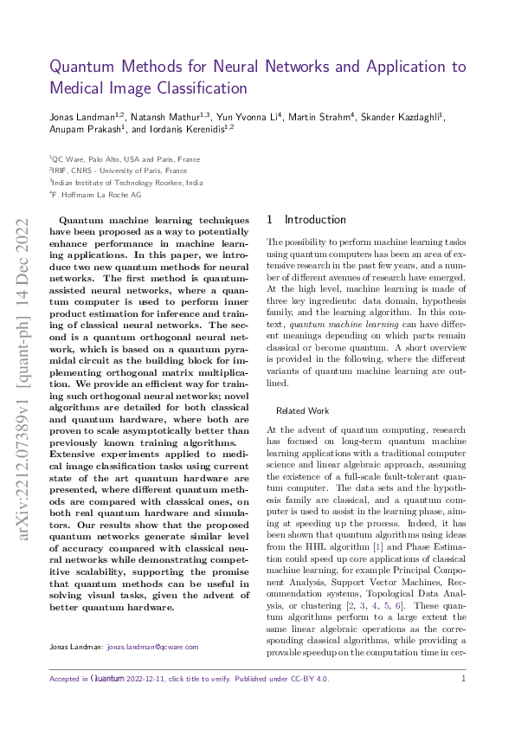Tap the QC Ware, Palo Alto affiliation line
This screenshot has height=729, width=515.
coord(125,159)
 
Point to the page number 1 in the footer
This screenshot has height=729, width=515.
coord(464,679)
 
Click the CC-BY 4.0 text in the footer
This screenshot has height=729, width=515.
coord(311,679)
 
